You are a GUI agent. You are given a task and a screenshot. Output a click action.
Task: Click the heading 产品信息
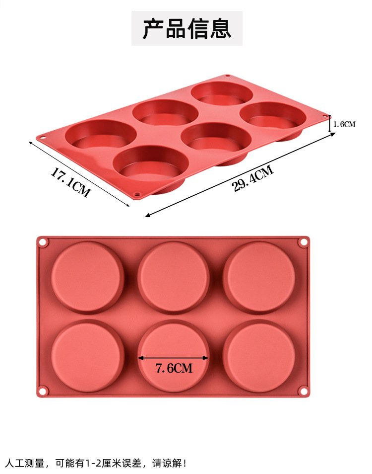click(187, 28)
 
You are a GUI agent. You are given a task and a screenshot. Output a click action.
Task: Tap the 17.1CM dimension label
click(70, 182)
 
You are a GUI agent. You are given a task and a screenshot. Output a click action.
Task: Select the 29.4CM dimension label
click(253, 179)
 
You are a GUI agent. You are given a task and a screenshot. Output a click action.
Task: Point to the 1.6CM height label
click(344, 124)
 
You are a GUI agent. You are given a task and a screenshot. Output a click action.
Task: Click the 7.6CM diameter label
click(174, 368)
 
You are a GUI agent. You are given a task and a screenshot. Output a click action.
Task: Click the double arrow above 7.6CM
click(173, 358)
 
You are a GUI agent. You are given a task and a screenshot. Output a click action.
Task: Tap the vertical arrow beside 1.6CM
click(330, 124)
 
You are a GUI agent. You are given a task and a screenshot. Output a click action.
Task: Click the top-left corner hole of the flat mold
click(43, 242)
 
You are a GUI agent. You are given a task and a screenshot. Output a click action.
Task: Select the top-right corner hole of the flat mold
click(303, 242)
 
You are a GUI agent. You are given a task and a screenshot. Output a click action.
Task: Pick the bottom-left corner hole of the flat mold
click(43, 392)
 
